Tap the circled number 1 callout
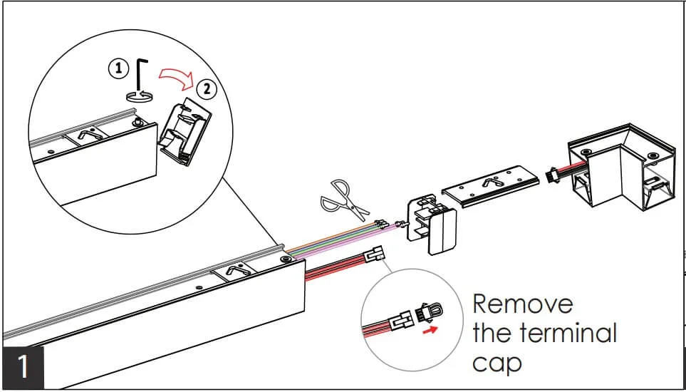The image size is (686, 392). pos(119,68)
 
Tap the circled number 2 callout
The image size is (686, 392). pos(207,89)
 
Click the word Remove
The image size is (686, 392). pos(522,304)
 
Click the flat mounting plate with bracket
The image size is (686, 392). pos(490,186)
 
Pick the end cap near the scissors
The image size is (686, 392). pos(432,225)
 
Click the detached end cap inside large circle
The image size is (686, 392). pos(186,131)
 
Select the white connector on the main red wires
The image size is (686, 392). pos(373,254)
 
